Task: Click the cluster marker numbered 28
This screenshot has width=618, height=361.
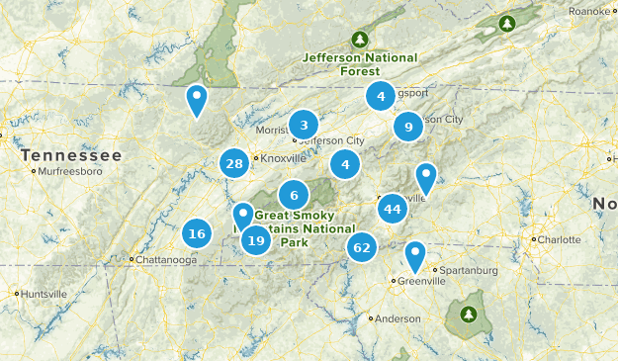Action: tap(234, 164)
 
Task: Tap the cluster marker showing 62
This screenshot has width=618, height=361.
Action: tap(361, 247)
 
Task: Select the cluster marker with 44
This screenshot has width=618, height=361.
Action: tap(393, 208)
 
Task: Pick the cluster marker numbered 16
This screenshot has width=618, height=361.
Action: tap(197, 234)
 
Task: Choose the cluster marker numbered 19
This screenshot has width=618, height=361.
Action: tap(256, 240)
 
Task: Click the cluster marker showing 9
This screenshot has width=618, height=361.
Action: tap(407, 127)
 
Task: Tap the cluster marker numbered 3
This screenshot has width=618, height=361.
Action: tap(304, 125)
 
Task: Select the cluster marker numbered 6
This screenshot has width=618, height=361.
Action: tap(294, 195)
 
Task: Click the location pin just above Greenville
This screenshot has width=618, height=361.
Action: tap(415, 256)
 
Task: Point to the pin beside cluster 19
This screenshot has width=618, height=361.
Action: tap(243, 216)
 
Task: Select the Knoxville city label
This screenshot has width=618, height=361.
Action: tap(285, 157)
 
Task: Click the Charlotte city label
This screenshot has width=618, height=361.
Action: tap(559, 239)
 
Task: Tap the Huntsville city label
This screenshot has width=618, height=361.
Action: tap(45, 294)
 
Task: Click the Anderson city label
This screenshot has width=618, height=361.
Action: tap(397, 318)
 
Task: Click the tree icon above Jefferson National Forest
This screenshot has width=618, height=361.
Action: tap(361, 41)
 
